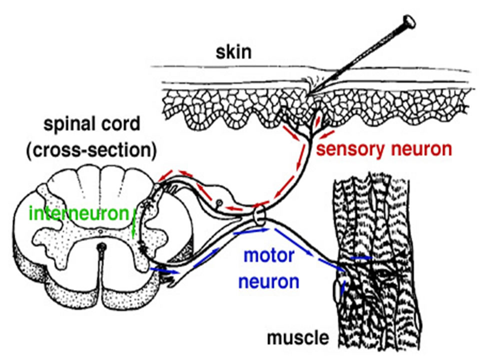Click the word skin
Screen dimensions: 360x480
click(233, 52)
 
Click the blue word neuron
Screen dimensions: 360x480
click(268, 281)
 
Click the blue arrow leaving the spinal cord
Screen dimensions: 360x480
click(165, 271)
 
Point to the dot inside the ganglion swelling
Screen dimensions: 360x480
click(218, 203)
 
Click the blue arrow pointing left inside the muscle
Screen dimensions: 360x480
click(360, 257)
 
